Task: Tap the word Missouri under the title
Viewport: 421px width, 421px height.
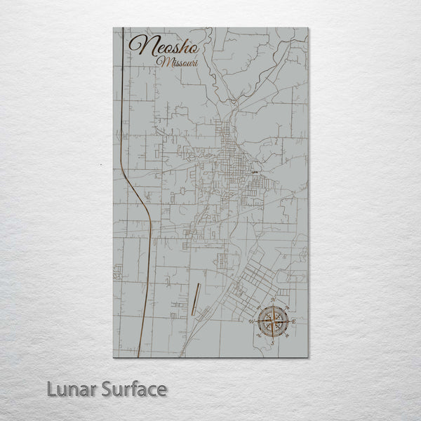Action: (178, 64)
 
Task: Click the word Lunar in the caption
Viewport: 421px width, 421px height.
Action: (71, 387)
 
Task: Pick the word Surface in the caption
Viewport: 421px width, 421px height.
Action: (133, 387)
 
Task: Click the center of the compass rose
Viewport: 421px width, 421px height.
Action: (271, 321)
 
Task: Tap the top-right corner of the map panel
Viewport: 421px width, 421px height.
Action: (307, 28)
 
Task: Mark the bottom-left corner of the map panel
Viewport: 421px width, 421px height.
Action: (114, 357)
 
